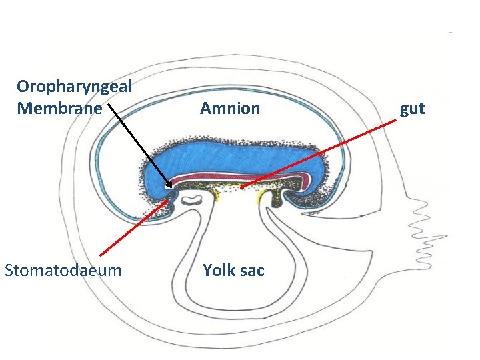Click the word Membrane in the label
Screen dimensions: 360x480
(x=60, y=108)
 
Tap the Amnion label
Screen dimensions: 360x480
(x=230, y=108)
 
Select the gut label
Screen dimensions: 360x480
(x=412, y=109)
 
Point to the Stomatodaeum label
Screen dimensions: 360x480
(x=63, y=270)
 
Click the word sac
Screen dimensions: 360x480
(x=252, y=270)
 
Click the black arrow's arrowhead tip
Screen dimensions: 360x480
(x=171, y=187)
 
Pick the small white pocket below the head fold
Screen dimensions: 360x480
(x=193, y=199)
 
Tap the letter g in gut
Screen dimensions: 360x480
(x=404, y=110)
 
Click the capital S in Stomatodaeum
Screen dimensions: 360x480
(x=9, y=270)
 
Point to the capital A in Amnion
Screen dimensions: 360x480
(x=206, y=108)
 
